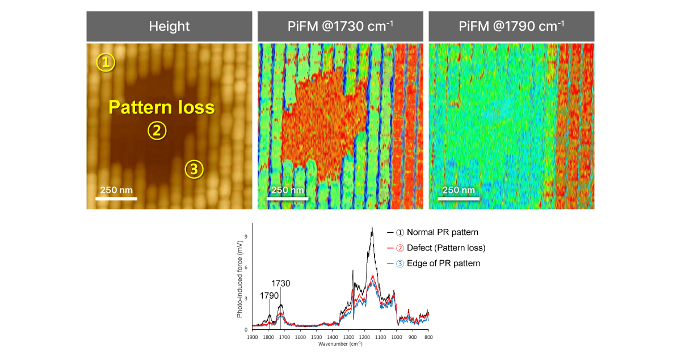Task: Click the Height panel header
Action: tap(169, 26)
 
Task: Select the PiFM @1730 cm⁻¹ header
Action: tap(340, 26)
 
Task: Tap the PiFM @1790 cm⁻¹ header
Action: tap(511, 26)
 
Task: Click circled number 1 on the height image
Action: tap(105, 62)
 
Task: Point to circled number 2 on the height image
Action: tap(157, 131)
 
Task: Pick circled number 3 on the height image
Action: tap(194, 169)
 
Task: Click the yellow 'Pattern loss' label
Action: tap(162, 107)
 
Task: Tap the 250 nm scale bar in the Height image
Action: tap(116, 198)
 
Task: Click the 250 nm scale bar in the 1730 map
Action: tap(288, 198)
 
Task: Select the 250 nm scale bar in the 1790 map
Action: tap(459, 198)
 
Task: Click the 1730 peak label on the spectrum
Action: tap(281, 283)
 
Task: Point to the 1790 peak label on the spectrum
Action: tap(270, 295)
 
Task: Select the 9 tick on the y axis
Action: tap(245, 237)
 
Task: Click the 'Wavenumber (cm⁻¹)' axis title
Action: tap(340, 344)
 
